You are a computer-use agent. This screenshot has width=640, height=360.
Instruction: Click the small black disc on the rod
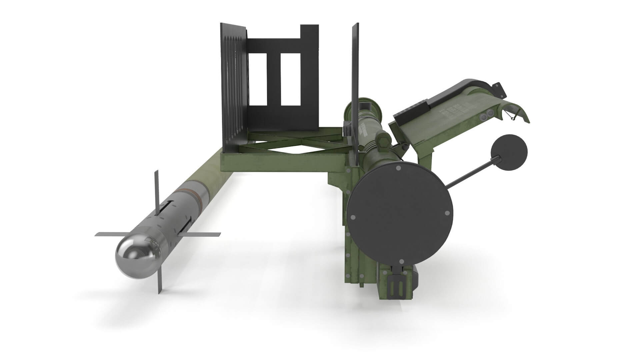tap(509, 152)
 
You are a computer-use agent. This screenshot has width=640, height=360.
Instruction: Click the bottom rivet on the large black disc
tap(402, 261)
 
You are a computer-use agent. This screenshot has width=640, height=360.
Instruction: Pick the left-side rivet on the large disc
tap(353, 218)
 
